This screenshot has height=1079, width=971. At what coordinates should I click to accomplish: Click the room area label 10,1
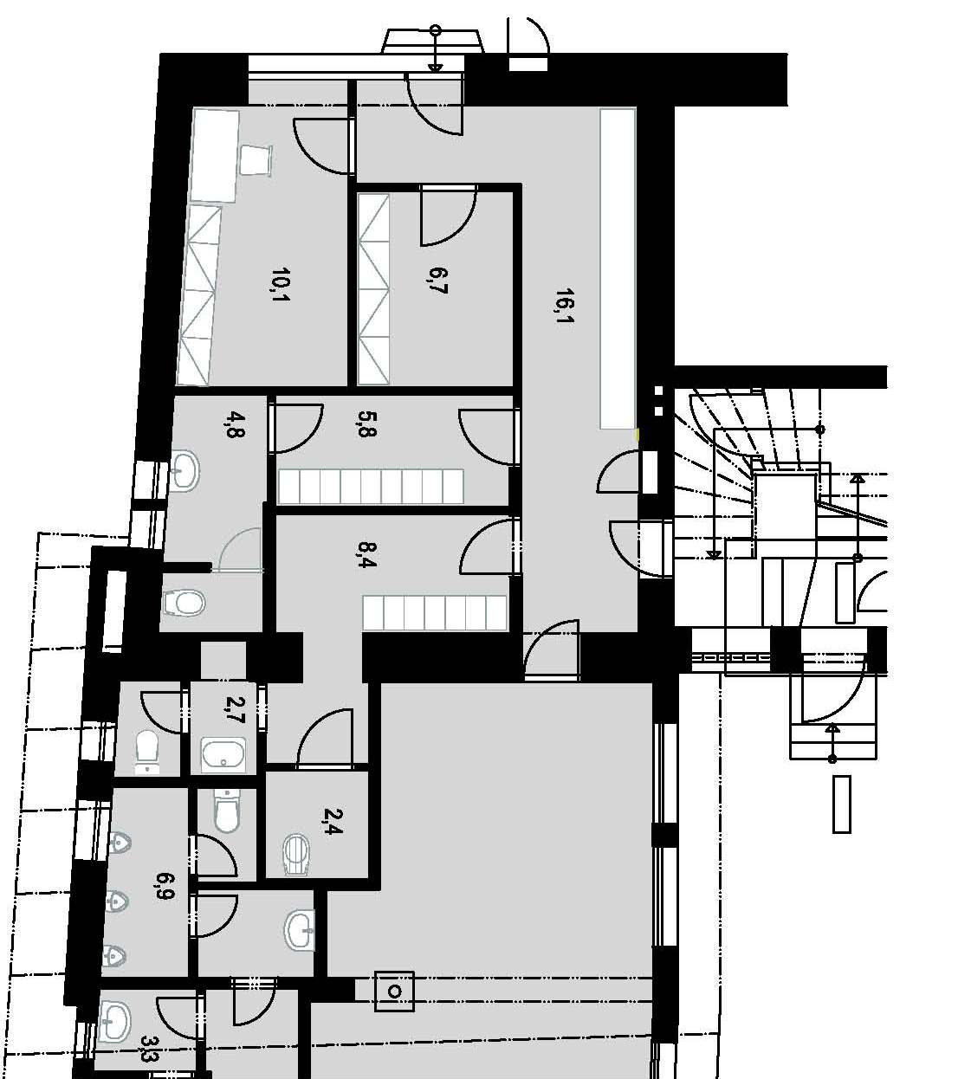tap(281, 285)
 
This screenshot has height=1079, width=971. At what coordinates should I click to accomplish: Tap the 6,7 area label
tap(437, 281)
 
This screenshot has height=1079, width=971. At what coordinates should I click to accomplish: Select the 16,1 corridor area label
tap(565, 307)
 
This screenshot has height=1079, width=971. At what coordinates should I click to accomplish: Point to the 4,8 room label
tap(236, 425)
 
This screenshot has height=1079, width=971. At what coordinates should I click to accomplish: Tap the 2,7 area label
tap(236, 710)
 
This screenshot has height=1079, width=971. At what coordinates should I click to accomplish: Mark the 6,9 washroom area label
tap(165, 886)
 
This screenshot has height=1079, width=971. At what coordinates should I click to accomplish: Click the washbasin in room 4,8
tap(184, 471)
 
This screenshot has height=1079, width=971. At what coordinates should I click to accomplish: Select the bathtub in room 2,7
tap(223, 755)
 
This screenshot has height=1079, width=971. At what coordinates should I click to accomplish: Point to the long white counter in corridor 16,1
tap(618, 268)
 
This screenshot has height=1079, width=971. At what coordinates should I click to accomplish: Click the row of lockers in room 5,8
tap(371, 487)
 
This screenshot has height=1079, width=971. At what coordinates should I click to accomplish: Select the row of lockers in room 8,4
tap(435, 612)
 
